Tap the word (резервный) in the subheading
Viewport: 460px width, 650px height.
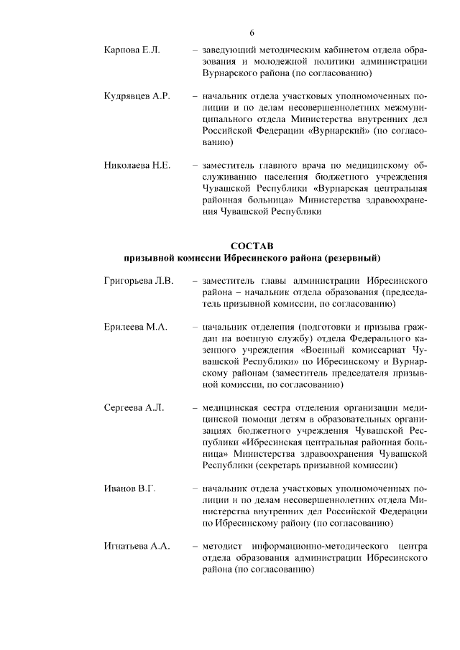(x=352, y=257)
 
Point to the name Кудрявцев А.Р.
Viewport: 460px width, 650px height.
(x=137, y=96)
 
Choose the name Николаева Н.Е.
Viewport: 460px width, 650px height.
(x=137, y=166)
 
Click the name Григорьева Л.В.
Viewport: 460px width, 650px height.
(x=139, y=281)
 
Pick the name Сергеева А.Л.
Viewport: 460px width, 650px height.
(x=134, y=407)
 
